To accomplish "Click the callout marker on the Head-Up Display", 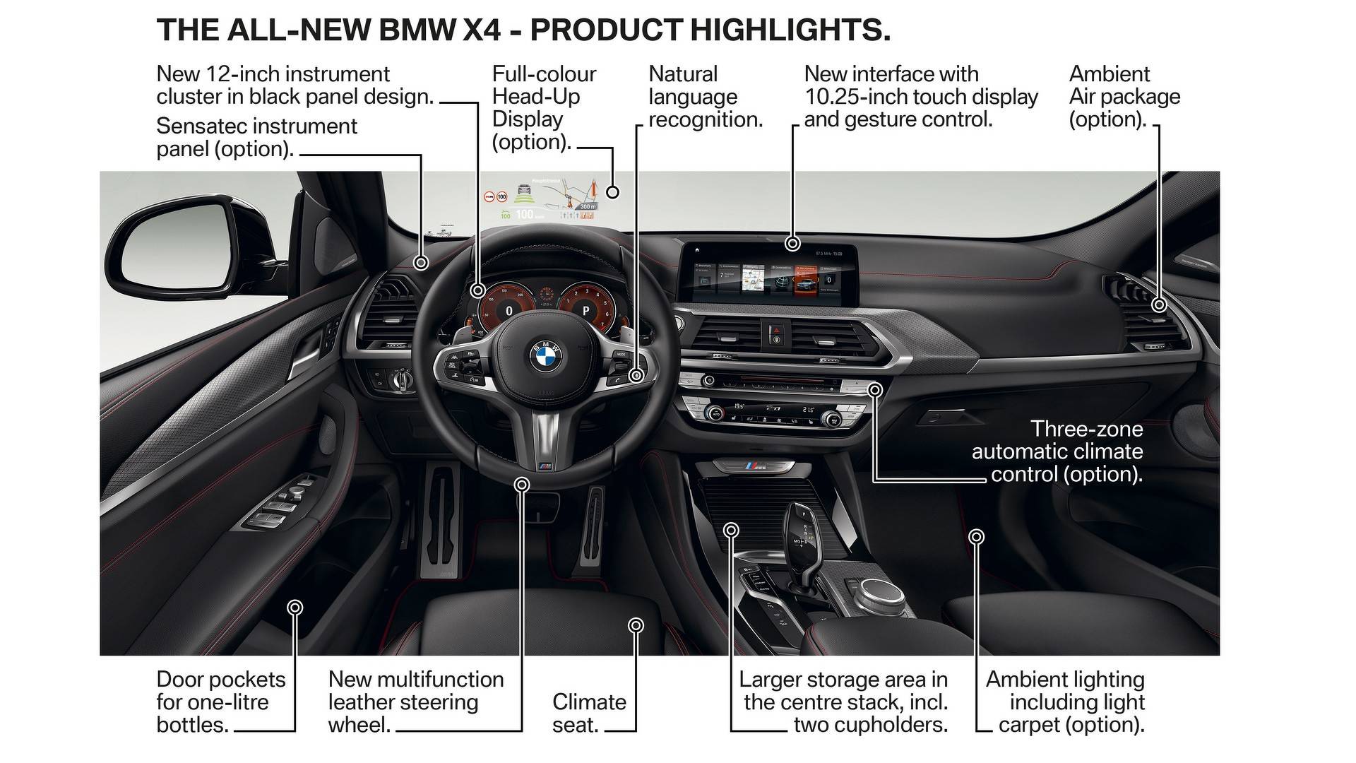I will click(612, 191).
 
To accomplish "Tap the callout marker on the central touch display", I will click(792, 244).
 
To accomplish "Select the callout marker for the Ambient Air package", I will click(1158, 305).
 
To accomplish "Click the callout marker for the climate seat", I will click(636, 625).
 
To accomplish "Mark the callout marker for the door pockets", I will click(295, 608).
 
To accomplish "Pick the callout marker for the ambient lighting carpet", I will click(976, 537).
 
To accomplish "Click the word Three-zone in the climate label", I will click(1086, 429).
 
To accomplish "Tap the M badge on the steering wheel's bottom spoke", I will click(544, 468).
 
